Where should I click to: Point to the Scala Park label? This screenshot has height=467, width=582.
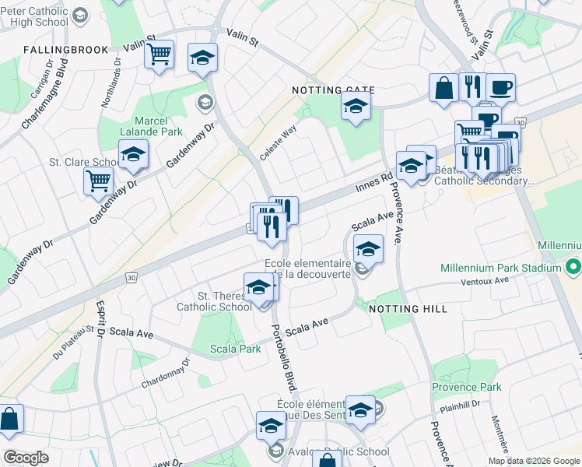236,349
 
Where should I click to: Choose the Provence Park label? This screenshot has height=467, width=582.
467,387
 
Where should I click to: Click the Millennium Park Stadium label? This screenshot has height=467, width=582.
500,268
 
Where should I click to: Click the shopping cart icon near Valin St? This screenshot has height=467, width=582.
160,54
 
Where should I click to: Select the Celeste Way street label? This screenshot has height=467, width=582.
278,143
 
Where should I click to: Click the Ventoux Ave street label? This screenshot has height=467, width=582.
484,282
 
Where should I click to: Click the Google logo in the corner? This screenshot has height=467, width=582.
26,458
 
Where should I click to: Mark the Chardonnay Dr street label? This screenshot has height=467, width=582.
166,374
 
